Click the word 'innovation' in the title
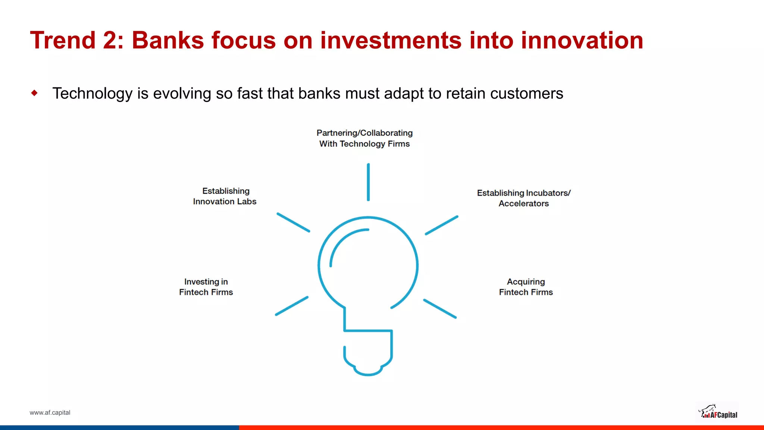[582, 40]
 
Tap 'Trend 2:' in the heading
[76, 40]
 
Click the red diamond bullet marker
[35, 93]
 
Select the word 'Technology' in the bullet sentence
[92, 93]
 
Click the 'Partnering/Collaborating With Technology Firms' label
[364, 138]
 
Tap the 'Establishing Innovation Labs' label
[225, 196]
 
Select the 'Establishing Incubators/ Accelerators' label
[524, 198]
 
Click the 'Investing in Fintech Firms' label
[206, 287]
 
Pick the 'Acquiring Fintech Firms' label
[526, 287]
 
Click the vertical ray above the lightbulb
[368, 182]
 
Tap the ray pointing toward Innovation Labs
[293, 222]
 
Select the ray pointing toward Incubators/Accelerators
[442, 225]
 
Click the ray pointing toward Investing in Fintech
[292, 306]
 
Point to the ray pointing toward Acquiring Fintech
[440, 308]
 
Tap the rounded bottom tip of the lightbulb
[368, 374]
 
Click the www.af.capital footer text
[50, 412]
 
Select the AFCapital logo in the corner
[718, 412]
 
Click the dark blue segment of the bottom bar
[119, 427]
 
